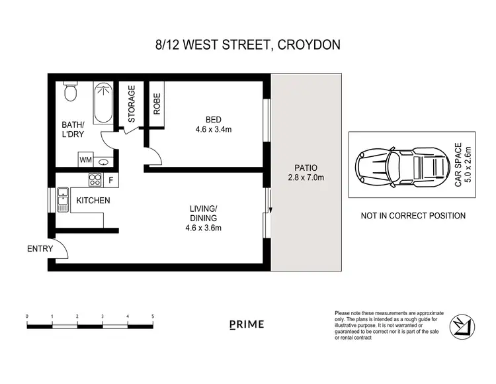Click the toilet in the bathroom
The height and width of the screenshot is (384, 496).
coord(71,93)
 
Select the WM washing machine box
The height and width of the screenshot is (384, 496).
coord(85,160)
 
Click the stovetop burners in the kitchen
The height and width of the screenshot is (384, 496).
coord(95,178)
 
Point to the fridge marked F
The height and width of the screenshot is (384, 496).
coord(110,179)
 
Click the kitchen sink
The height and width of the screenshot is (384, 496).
coord(63,199)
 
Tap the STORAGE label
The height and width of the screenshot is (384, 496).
coord(131,104)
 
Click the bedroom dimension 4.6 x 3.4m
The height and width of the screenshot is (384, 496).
coord(213,130)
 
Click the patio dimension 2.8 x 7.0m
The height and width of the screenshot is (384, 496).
coord(306,177)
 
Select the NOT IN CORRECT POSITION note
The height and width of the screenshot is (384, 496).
coord(413,216)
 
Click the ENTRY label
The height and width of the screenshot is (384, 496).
coord(39,249)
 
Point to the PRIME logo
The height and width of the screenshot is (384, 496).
coord(247,324)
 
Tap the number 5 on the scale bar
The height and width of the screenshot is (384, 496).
coord(153,316)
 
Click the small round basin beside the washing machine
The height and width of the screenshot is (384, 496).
coord(103,161)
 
